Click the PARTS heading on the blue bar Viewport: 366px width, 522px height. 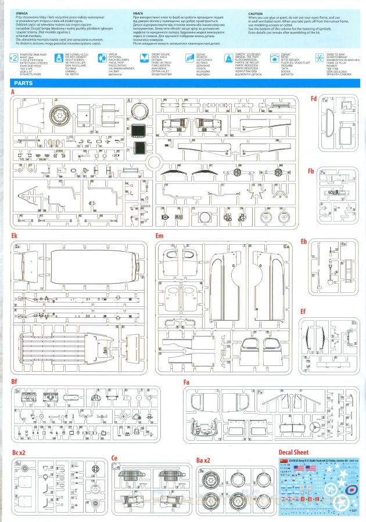(x=23, y=83)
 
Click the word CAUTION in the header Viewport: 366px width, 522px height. (x=255, y=13)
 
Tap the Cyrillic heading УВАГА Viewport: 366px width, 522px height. (x=139, y=13)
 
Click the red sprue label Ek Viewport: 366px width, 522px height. (x=14, y=237)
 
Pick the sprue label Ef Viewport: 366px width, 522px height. (x=303, y=311)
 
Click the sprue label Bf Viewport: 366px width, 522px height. (x=14, y=381)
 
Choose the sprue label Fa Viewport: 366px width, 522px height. (x=186, y=382)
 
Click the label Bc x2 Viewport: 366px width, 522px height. (x=19, y=452)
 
